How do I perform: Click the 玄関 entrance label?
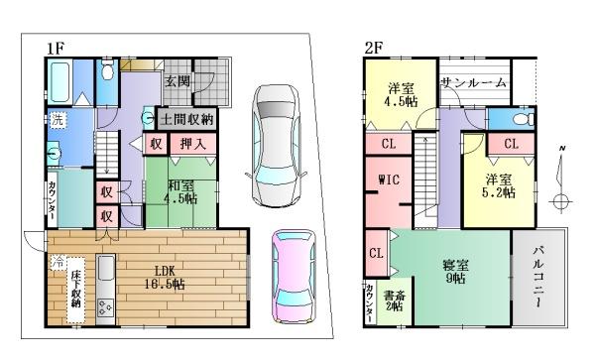tap(178, 80)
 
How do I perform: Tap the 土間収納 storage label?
tap(186, 120)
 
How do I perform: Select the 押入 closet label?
tap(193, 144)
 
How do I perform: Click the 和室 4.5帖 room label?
tap(180, 192)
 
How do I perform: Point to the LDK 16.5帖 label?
tap(165, 278)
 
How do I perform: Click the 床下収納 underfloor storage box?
tap(76, 290)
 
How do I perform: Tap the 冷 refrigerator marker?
tap(58, 262)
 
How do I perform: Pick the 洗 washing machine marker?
tap(58, 121)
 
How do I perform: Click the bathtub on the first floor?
tap(60, 82)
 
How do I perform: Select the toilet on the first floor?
tap(108, 68)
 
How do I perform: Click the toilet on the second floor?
tap(524, 119)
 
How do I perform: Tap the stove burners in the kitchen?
tap(105, 307)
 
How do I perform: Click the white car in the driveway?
tap(276, 146)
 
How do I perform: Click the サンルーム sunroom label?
tap(474, 82)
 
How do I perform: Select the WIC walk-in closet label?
tap(389, 180)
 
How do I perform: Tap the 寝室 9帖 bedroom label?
tap(455, 271)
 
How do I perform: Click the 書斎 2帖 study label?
tap(395, 300)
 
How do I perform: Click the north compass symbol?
tap(561, 179)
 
